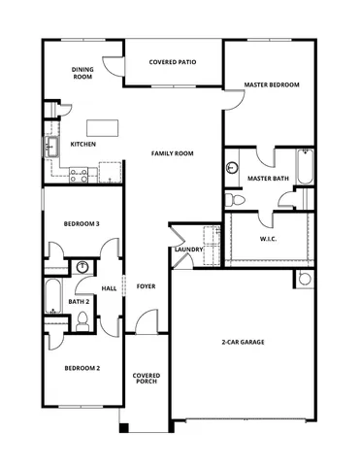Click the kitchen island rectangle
click(102, 127)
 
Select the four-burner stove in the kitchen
click(79, 175)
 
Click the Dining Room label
click(82, 73)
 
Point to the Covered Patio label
click(173, 62)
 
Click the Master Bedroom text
click(271, 84)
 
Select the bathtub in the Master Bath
click(304, 167)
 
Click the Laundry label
click(187, 250)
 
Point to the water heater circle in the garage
click(304, 280)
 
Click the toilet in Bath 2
click(82, 325)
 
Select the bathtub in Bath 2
click(51, 295)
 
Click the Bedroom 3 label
click(82, 223)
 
